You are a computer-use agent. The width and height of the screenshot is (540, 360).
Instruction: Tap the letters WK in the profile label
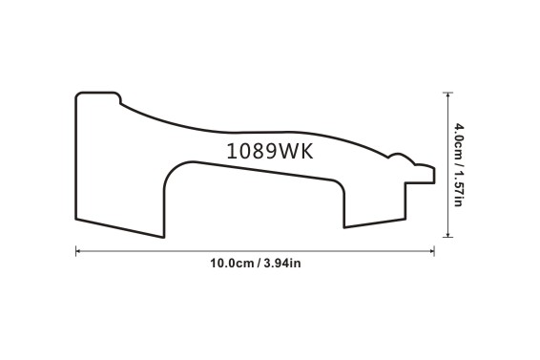[x=295, y=151]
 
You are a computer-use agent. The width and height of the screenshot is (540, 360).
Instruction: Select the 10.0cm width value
[x=232, y=264]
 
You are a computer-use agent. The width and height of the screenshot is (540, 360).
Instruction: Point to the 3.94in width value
[x=282, y=264]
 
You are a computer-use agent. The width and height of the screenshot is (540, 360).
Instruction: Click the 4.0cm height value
[x=458, y=140]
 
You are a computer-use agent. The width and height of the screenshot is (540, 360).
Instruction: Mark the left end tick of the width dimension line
[x=75, y=251]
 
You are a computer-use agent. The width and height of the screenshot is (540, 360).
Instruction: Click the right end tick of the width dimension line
[x=434, y=251]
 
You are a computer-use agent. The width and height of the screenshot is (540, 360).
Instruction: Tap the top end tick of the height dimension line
[x=447, y=93]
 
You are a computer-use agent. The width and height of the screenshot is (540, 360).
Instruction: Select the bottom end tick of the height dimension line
[x=447, y=237]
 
